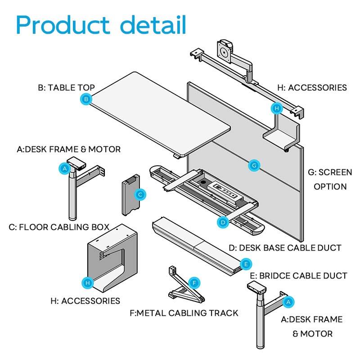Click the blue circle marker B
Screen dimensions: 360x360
(86, 99)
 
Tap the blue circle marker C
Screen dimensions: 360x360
(140, 195)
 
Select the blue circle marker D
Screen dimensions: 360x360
(223, 222)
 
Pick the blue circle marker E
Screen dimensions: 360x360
(246, 264)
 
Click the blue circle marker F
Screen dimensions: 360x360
(194, 283)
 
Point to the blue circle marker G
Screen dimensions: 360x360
(254, 165)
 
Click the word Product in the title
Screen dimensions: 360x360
(63, 25)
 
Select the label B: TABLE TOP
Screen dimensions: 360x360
(66, 87)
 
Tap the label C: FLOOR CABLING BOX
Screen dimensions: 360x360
(59, 227)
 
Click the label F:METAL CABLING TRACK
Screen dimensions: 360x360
(184, 313)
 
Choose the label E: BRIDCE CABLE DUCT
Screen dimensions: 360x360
(298, 276)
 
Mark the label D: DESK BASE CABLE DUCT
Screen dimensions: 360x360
(285, 248)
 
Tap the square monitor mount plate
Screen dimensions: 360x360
(224, 51)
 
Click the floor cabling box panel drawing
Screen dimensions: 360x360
(131, 195)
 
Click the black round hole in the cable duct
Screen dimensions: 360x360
(203, 183)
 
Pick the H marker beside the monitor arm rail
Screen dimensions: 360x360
(277, 108)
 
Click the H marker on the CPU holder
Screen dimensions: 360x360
(88, 283)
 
